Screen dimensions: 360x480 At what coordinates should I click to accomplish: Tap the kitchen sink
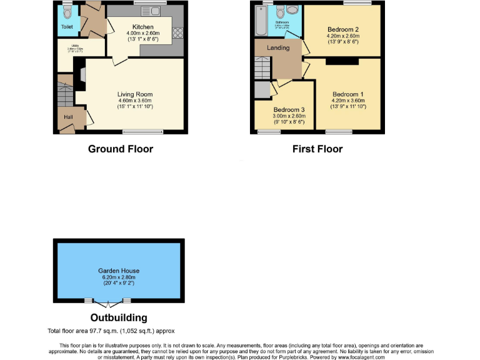(x=150, y=11)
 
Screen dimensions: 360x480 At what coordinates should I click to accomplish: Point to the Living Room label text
(x=135, y=95)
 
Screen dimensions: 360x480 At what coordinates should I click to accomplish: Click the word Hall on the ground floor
(x=66, y=116)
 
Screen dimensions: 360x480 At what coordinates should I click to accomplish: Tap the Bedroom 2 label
(x=342, y=29)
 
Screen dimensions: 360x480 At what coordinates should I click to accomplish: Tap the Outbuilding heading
(x=119, y=317)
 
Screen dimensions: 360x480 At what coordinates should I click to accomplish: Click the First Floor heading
(x=317, y=149)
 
